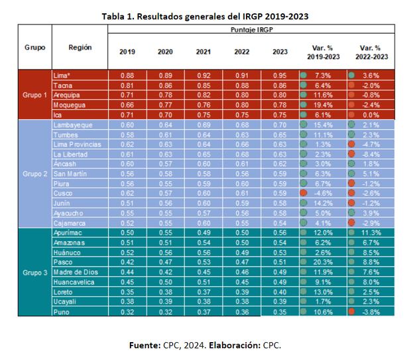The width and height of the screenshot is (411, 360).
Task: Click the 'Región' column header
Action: (x=80, y=48)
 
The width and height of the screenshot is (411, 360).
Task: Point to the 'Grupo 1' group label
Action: (x=34, y=95)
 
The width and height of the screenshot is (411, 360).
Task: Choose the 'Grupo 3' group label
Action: (x=34, y=272)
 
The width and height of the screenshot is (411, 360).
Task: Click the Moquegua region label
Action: (x=69, y=104)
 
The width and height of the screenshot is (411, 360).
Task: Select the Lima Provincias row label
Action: (x=78, y=144)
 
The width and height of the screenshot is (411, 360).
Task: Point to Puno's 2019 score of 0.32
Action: (x=127, y=312)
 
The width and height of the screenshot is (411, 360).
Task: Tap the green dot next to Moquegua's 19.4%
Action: (x=303, y=104)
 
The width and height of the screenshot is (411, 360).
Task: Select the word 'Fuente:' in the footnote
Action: (x=145, y=345)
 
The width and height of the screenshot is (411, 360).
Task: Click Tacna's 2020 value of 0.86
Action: (x=164, y=86)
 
